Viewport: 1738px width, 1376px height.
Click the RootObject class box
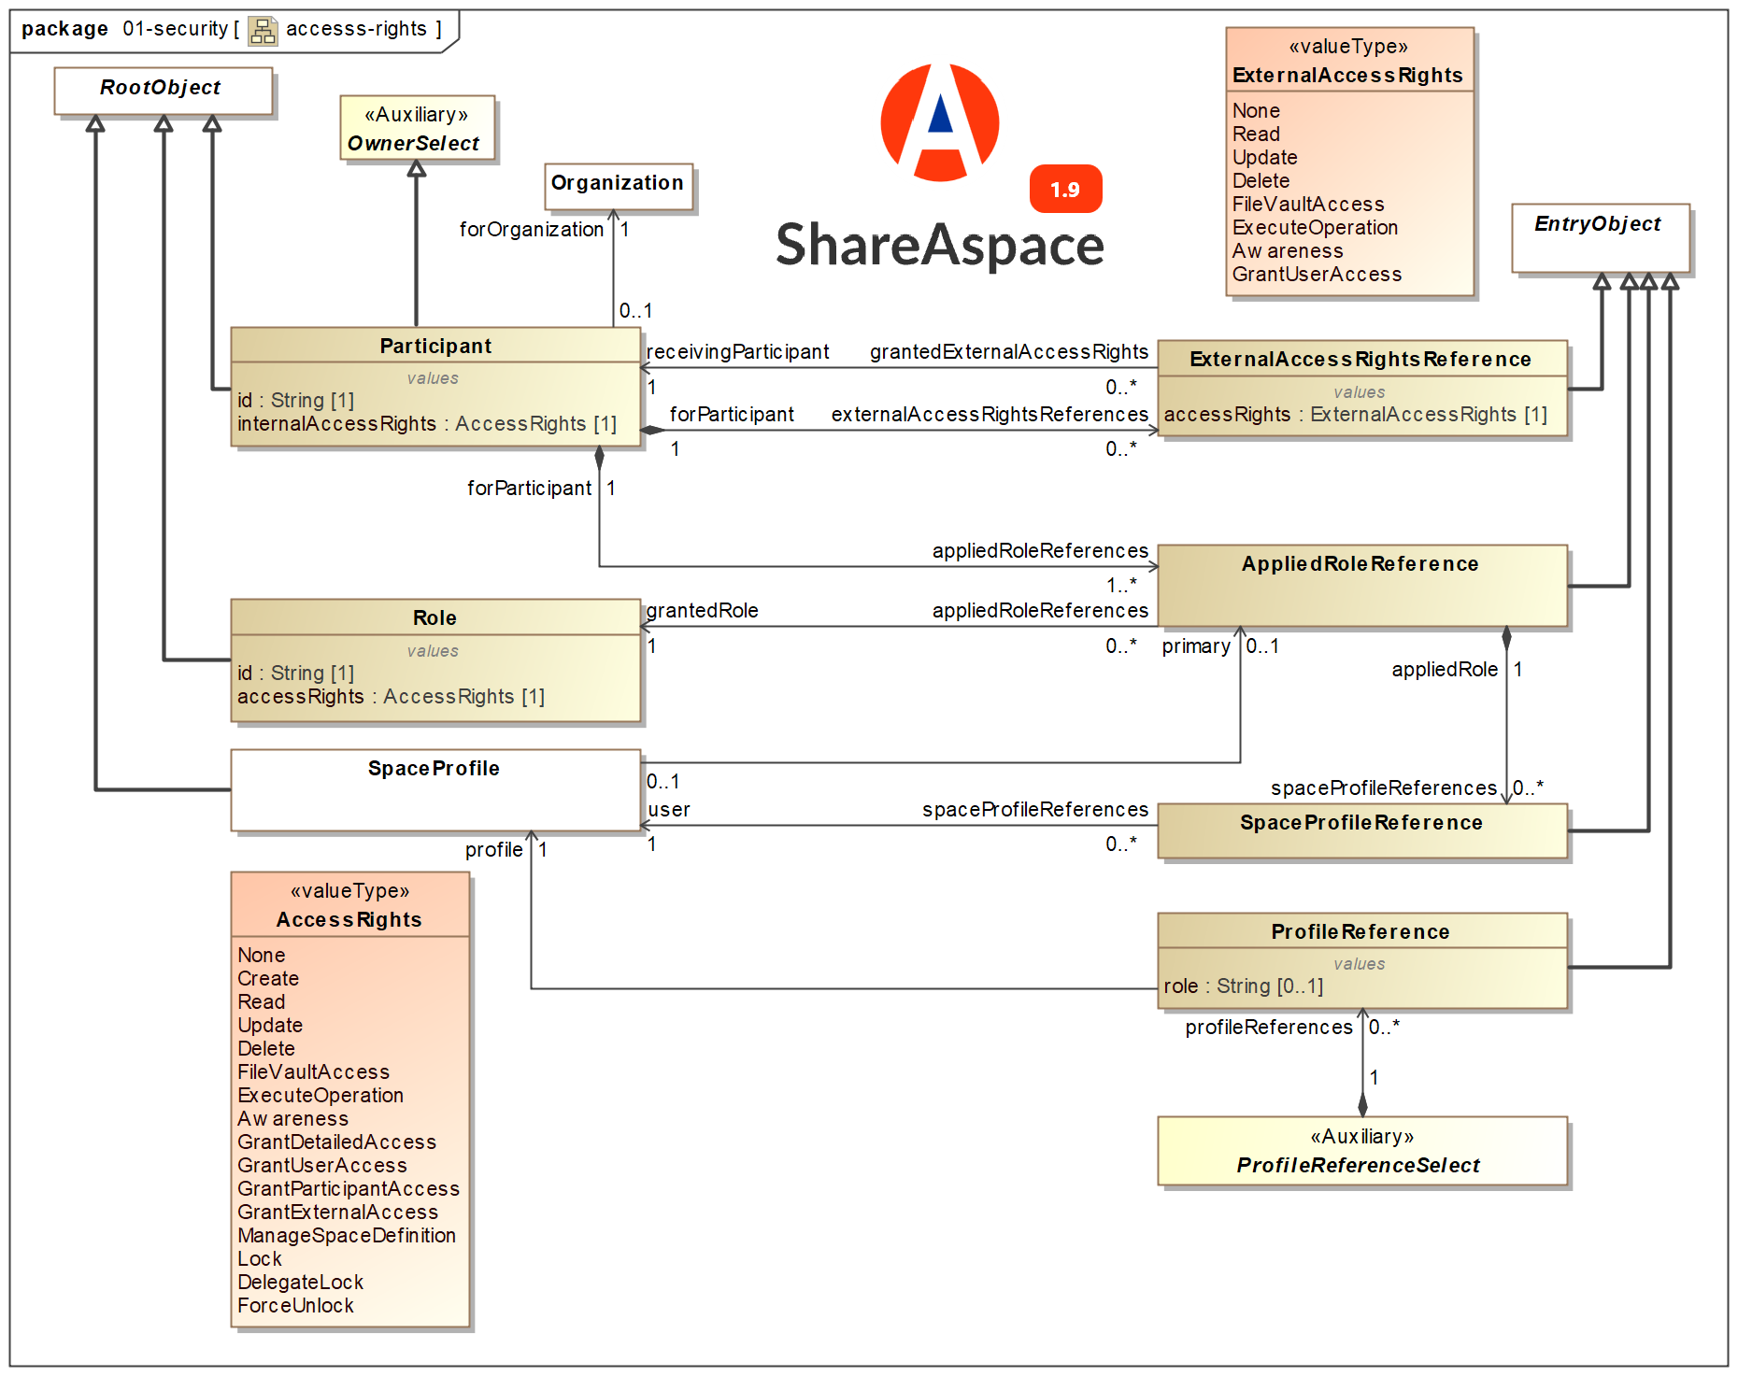163,90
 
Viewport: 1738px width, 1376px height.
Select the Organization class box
618,185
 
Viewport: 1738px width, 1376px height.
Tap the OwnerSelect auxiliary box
417,129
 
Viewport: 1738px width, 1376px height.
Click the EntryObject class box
1600,236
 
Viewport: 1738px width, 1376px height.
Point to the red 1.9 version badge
1065,190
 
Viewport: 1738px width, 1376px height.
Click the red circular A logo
940,122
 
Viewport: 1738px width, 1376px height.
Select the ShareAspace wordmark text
940,246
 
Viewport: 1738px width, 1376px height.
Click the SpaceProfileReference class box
1361,830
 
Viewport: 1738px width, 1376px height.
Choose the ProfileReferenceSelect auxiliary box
1361,1151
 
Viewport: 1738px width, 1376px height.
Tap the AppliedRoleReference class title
1360,564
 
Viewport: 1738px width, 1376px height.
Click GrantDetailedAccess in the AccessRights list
336,1142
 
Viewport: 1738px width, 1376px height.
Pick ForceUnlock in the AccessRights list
295,1305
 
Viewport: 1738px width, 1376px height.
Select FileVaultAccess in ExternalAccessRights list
1307,205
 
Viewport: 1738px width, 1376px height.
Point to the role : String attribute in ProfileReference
1243,986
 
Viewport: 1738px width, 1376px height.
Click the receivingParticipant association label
737,352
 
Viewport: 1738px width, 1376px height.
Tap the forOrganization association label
531,230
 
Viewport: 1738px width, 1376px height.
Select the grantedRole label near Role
703,611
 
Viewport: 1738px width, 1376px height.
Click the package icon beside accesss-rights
263,31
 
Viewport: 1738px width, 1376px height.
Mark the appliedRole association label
1444,670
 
